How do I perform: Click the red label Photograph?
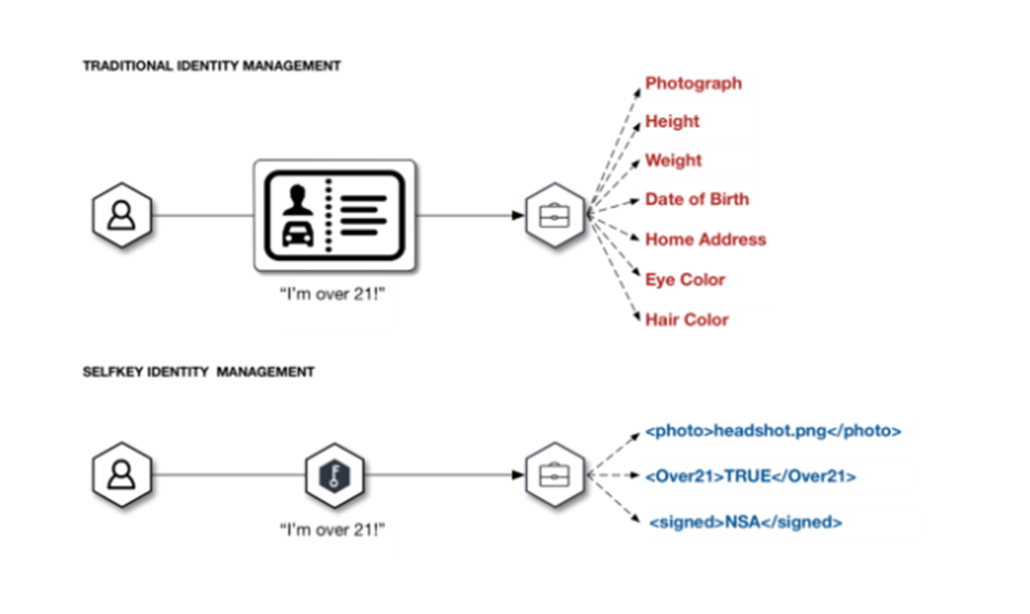click(x=693, y=83)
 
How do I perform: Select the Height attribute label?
click(x=672, y=121)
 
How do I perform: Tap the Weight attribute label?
click(x=673, y=160)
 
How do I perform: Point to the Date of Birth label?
click(x=697, y=199)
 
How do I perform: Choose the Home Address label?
click(x=706, y=239)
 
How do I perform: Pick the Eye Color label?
click(x=685, y=280)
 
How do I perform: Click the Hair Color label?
click(x=687, y=319)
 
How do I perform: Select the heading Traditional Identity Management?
click(x=211, y=65)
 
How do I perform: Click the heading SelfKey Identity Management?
click(x=198, y=372)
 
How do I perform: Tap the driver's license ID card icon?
click(x=334, y=214)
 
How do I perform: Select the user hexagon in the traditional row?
click(x=122, y=214)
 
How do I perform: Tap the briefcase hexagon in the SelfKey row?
click(x=554, y=474)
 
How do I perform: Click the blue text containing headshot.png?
click(x=772, y=431)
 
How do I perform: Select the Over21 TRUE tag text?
click(x=749, y=476)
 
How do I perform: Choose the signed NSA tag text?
click(x=745, y=522)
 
